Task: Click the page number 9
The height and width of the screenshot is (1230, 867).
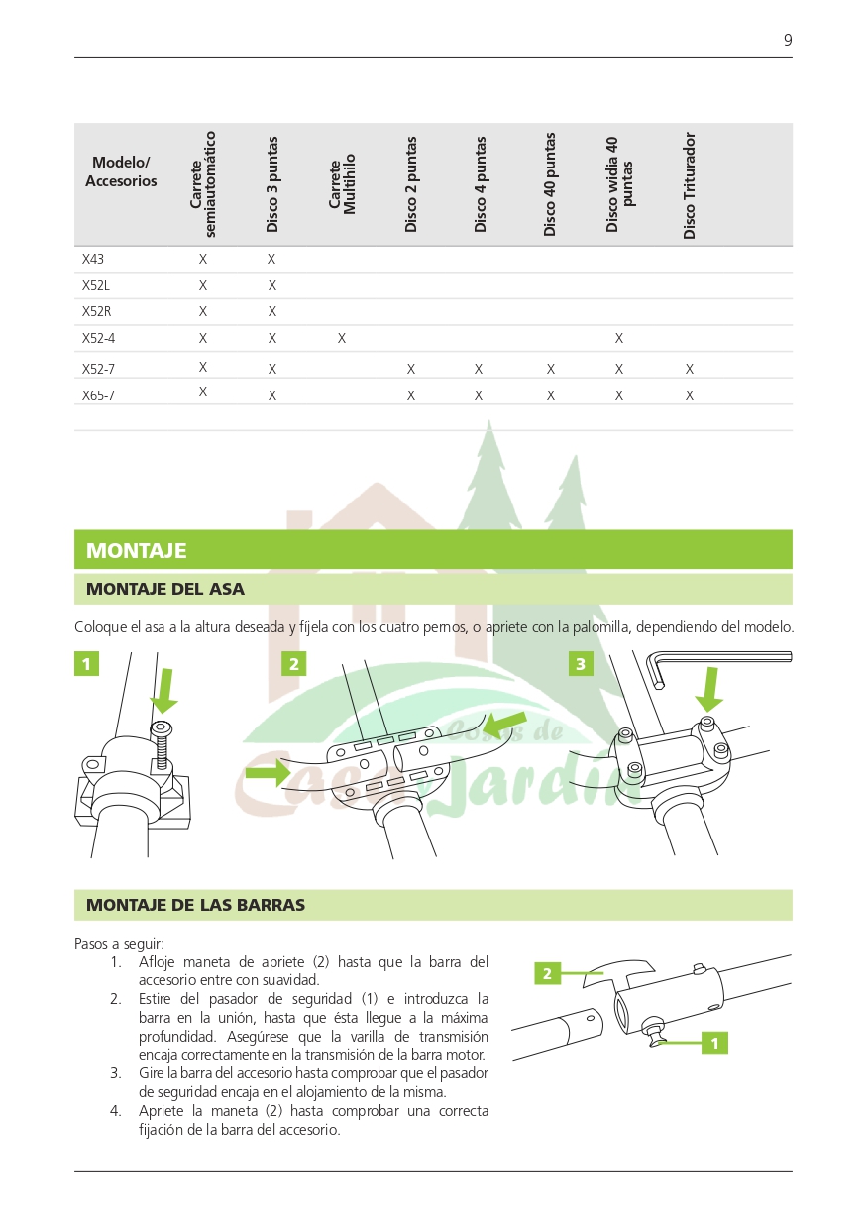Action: coord(788,41)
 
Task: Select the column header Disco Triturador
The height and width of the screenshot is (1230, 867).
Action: coord(690,185)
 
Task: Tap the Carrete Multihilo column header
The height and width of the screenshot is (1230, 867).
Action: coord(342,184)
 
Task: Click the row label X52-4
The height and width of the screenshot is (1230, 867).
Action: coord(98,339)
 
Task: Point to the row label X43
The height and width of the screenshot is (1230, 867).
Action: coord(93,260)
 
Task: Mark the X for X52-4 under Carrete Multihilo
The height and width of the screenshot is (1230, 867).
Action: coord(342,339)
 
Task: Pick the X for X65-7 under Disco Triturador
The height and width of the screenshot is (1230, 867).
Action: coord(690,395)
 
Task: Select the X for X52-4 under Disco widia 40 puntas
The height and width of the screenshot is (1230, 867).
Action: coord(619,339)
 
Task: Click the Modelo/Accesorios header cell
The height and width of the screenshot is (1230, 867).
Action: coord(121,171)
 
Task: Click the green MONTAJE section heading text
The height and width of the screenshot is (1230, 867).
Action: coord(136,551)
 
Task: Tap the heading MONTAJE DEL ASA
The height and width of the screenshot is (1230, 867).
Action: coord(164,589)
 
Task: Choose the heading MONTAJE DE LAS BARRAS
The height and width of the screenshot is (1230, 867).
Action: coord(195,905)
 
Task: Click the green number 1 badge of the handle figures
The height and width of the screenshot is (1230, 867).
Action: coord(86,664)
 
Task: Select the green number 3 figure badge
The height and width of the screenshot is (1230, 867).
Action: coord(581,664)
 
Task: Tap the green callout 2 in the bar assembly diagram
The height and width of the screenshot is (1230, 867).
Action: coord(546,973)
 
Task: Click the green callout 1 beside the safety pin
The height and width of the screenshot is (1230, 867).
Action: coord(714,1043)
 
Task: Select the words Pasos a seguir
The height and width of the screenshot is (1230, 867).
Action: coord(119,944)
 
